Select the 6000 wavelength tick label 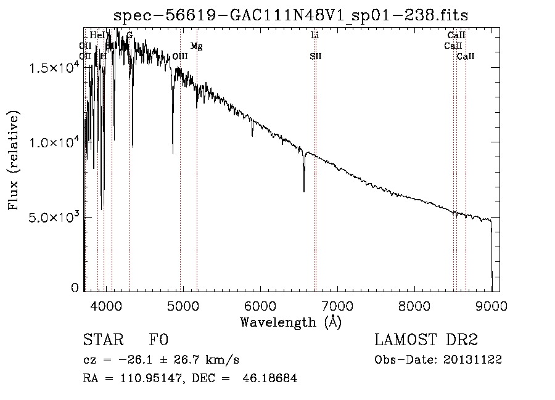(x=260, y=305)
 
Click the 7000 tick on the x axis (x=337, y=305)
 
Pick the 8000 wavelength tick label (x=414, y=305)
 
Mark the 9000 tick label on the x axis (x=491, y=305)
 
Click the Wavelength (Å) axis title (x=290, y=322)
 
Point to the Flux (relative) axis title (x=14, y=160)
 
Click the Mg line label (x=196, y=46)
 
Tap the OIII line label (x=180, y=56)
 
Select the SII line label (x=316, y=56)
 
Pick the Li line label (x=314, y=36)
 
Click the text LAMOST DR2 (x=426, y=340)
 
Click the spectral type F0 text (x=158, y=340)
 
